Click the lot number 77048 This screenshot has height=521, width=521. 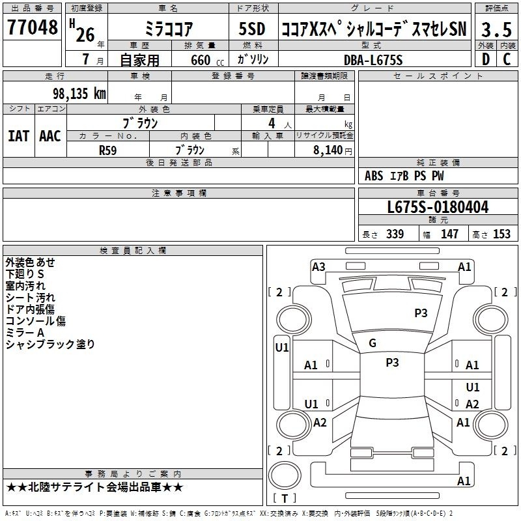coord(32,27)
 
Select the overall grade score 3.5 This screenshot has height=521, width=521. coord(496,29)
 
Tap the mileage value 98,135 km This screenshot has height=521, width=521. coord(79,93)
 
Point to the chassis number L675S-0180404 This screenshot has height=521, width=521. coord(438,207)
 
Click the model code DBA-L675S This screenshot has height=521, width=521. coord(373,60)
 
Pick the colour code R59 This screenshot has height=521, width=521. coord(108,150)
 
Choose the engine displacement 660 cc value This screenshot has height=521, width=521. coord(207,60)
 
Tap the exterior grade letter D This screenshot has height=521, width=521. coord(486,59)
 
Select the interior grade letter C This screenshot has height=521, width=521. coord(507,59)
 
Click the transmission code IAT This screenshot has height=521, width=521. coord(19,136)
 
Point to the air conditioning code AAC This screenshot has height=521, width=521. coord(50,136)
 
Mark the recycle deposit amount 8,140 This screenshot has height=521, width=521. coord(328,150)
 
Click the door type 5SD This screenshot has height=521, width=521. coord(252,29)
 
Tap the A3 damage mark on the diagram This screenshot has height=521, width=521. coord(318,267)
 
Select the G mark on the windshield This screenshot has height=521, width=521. coord(373,343)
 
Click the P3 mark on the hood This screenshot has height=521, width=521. coord(421,313)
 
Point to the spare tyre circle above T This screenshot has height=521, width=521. coord(285,475)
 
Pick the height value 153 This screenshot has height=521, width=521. coord(501,234)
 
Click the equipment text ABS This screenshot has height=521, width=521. coord(374,176)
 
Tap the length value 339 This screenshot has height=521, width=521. coord(395,234)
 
